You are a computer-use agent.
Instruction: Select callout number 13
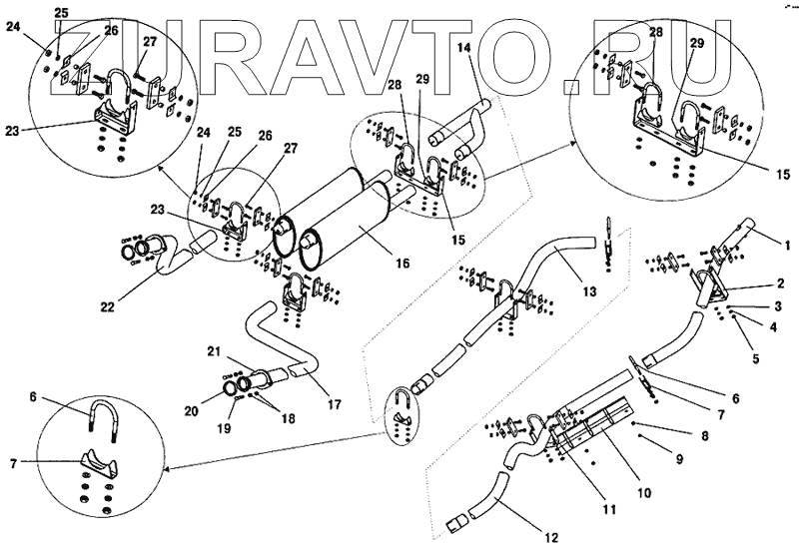pos(590,290)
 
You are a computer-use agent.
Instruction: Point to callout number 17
pos(334,404)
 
